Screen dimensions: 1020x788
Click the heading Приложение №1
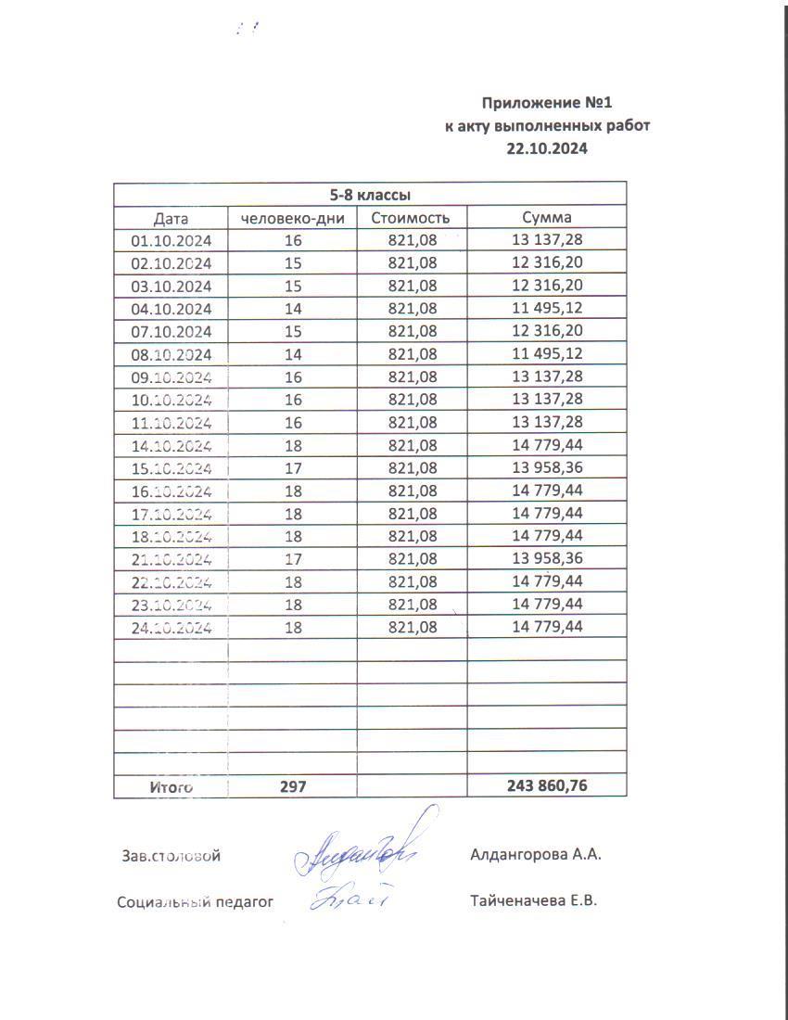click(x=549, y=102)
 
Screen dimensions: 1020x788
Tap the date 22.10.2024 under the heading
click(x=548, y=147)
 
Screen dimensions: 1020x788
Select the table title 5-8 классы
click(x=370, y=195)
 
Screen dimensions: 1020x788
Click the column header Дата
click(x=171, y=219)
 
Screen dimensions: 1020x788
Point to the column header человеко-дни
click(x=292, y=219)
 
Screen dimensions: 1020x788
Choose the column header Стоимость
click(x=411, y=218)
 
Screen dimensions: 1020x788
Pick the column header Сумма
click(x=547, y=218)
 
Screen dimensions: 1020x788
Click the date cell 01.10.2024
click(x=171, y=241)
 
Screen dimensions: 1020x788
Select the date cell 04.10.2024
click(x=171, y=309)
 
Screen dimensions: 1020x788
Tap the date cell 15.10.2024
click(x=171, y=468)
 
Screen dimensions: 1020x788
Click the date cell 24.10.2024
click(x=171, y=628)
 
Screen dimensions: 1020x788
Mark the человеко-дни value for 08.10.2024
click(x=293, y=354)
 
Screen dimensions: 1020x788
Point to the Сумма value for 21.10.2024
click(x=547, y=558)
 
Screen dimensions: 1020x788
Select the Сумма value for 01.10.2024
click(x=547, y=240)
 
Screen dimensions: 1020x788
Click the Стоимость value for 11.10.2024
click(x=412, y=423)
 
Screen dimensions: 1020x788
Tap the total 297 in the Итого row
click(x=293, y=786)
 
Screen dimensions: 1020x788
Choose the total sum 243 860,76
click(x=547, y=786)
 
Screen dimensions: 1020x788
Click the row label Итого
click(x=171, y=787)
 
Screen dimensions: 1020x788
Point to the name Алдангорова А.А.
click(x=536, y=855)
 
